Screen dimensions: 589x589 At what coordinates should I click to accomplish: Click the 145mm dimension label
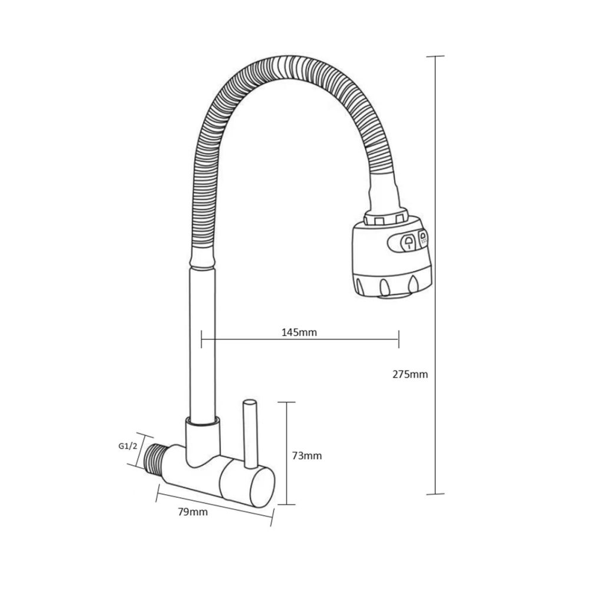click(x=299, y=332)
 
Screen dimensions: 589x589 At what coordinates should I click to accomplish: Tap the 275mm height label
click(x=410, y=375)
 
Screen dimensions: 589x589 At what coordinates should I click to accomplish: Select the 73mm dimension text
click(x=307, y=456)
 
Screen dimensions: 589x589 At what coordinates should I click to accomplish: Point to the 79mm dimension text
click(x=193, y=512)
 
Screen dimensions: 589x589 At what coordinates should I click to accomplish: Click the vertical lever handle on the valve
click(x=250, y=434)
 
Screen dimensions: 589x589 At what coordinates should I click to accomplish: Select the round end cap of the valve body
click(x=262, y=488)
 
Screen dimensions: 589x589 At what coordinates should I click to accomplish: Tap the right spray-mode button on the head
click(x=423, y=239)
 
